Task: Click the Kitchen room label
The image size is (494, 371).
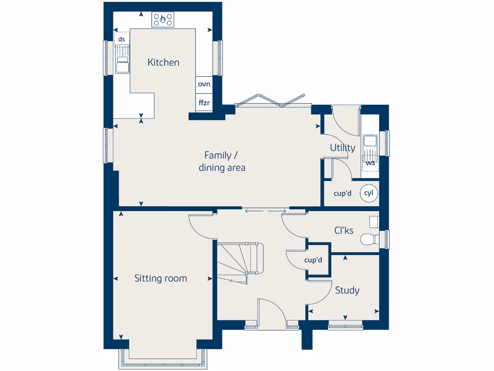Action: [163, 62]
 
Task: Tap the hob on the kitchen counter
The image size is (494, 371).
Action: [163, 20]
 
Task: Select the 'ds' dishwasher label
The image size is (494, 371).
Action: [122, 39]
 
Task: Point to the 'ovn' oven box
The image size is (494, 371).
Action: [204, 84]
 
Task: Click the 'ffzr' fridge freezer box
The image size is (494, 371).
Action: [204, 102]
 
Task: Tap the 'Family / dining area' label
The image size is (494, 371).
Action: [221, 161]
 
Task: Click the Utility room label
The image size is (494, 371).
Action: [343, 148]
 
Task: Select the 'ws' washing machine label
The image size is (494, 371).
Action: [370, 163]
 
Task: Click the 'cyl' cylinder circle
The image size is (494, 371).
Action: [369, 193]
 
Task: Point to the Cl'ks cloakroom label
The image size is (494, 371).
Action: [344, 230]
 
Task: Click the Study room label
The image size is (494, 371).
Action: [347, 290]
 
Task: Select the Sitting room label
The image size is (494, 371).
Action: [161, 278]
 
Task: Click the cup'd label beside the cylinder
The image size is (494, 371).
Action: [343, 194]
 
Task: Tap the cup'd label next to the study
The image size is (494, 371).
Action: [313, 260]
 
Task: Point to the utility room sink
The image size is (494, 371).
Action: [370, 142]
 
